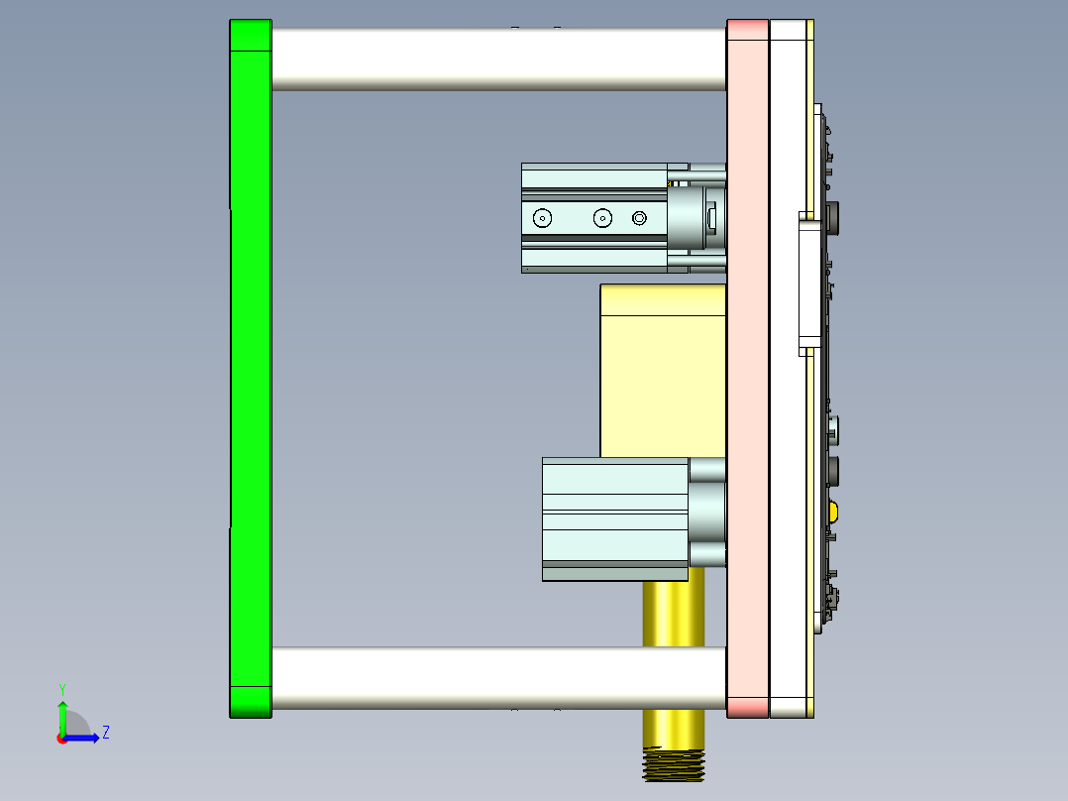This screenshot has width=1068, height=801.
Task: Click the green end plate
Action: coord(250,367)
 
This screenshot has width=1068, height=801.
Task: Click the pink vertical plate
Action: coord(747,367)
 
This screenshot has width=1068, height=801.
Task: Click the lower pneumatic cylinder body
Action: coord(614,518)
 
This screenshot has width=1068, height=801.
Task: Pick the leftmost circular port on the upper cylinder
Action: coord(542,218)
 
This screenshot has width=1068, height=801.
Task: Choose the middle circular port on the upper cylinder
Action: coord(602,218)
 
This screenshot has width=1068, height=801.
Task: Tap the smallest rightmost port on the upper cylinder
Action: coord(639,218)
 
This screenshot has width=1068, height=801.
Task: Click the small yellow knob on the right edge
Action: coord(834,512)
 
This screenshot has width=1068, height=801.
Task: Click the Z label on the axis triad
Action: coord(106,733)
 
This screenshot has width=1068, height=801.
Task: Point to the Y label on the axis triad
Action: coord(62,688)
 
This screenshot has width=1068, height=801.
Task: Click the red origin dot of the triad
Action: coord(61,738)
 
